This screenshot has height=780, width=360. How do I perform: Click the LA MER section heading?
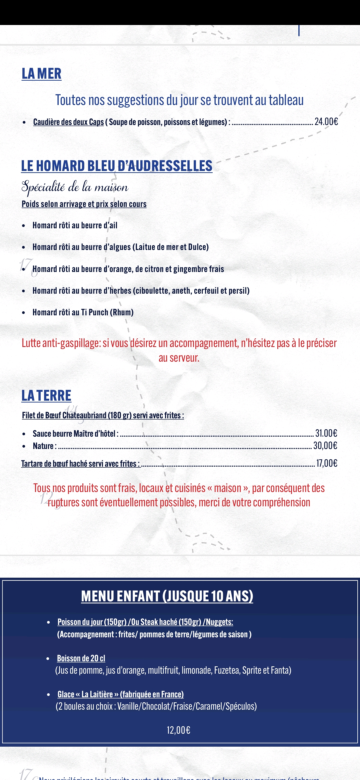pyautogui.click(x=42, y=74)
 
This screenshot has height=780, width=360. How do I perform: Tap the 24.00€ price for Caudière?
pyautogui.click(x=326, y=122)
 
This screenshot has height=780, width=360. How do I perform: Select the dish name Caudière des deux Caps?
pyautogui.click(x=68, y=122)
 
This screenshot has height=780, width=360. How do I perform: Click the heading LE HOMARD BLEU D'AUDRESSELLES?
pyautogui.click(x=117, y=166)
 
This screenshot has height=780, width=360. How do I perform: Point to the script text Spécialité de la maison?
pyautogui.click(x=75, y=187)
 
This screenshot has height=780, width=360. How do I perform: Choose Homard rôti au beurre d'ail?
pyautogui.click(x=75, y=225)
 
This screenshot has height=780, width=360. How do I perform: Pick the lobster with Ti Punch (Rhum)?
pyautogui.click(x=83, y=312)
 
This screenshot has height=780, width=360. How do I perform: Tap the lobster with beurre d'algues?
pyautogui.click(x=120, y=247)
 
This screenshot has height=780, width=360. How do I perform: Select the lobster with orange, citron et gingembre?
pyautogui.click(x=128, y=269)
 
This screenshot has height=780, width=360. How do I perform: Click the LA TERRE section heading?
pyautogui.click(x=46, y=396)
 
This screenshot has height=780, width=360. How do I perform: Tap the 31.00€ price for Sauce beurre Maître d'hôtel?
pyautogui.click(x=326, y=433)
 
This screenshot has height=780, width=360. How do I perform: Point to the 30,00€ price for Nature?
pyautogui.click(x=325, y=446)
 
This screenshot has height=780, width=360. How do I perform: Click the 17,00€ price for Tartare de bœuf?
pyautogui.click(x=326, y=463)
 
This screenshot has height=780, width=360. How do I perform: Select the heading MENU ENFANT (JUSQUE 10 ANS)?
pyautogui.click(x=167, y=596)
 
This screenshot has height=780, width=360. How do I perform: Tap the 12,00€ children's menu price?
pyautogui.click(x=178, y=730)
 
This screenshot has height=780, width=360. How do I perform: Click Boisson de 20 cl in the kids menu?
pyautogui.click(x=81, y=658)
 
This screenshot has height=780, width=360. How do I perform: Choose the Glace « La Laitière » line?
pyautogui.click(x=120, y=694)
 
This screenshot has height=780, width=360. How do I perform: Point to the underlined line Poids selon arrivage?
pyautogui.click(x=84, y=204)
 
